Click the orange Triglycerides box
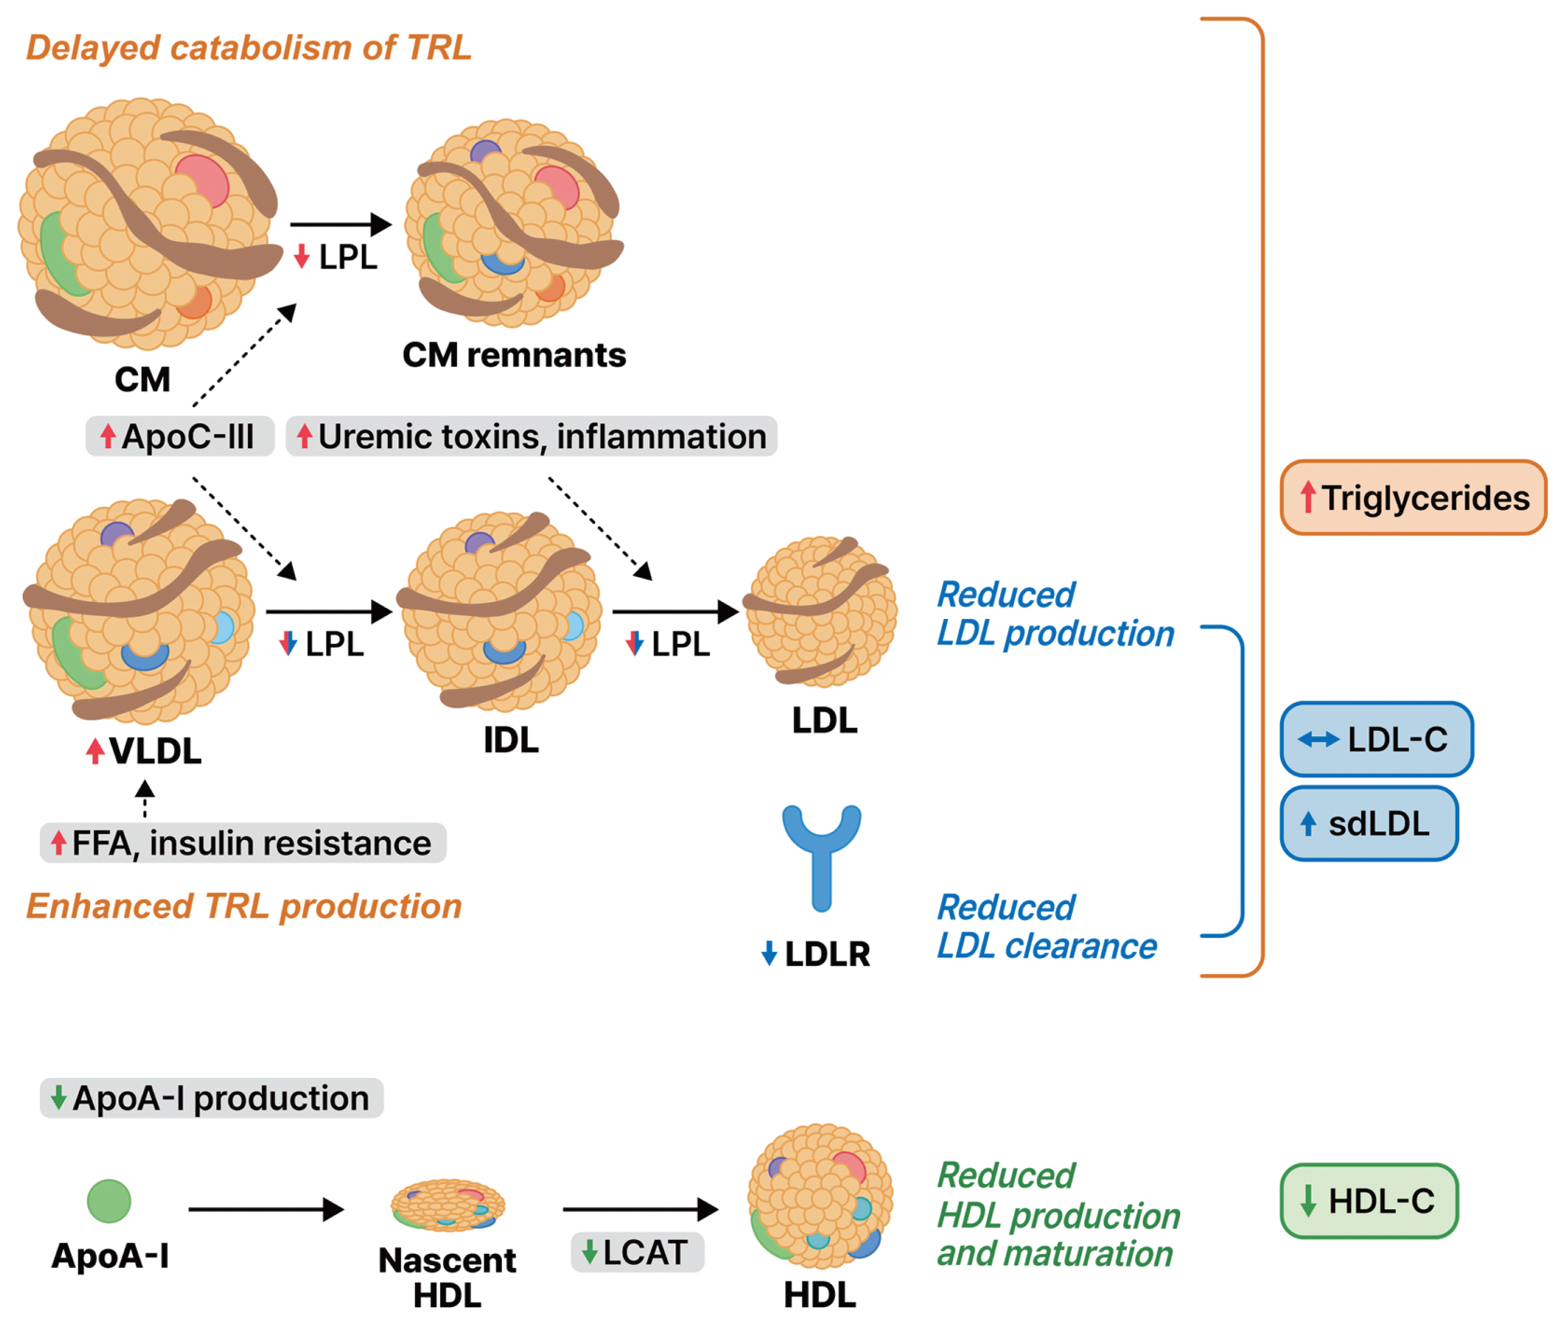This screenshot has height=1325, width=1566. pyautogui.click(x=1412, y=497)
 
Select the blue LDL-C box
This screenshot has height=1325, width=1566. pyautogui.click(x=1375, y=739)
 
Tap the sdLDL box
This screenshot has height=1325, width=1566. pyautogui.click(x=1368, y=823)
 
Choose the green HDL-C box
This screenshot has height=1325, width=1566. pyautogui.click(x=1368, y=1200)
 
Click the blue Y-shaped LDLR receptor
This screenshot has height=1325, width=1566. pyautogui.click(x=821, y=856)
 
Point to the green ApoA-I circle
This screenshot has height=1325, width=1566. pyautogui.click(x=109, y=1200)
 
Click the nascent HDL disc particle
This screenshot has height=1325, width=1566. pyautogui.click(x=448, y=1205)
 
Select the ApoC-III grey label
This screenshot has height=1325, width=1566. pyautogui.click(x=180, y=436)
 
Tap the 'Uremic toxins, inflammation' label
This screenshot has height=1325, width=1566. pyautogui.click(x=531, y=436)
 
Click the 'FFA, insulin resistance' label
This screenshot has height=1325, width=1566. pyautogui.click(x=243, y=843)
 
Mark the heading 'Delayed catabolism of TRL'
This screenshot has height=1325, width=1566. pyautogui.click(x=249, y=48)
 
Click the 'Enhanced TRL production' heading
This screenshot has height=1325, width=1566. pyautogui.click(x=244, y=906)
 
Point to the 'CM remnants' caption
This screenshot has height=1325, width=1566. pyautogui.click(x=514, y=355)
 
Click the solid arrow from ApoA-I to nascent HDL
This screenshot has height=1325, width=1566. pyautogui.click(x=266, y=1209)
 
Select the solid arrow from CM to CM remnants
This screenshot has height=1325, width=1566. pyautogui.click(x=340, y=224)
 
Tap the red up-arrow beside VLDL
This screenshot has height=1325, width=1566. pyautogui.click(x=95, y=750)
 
